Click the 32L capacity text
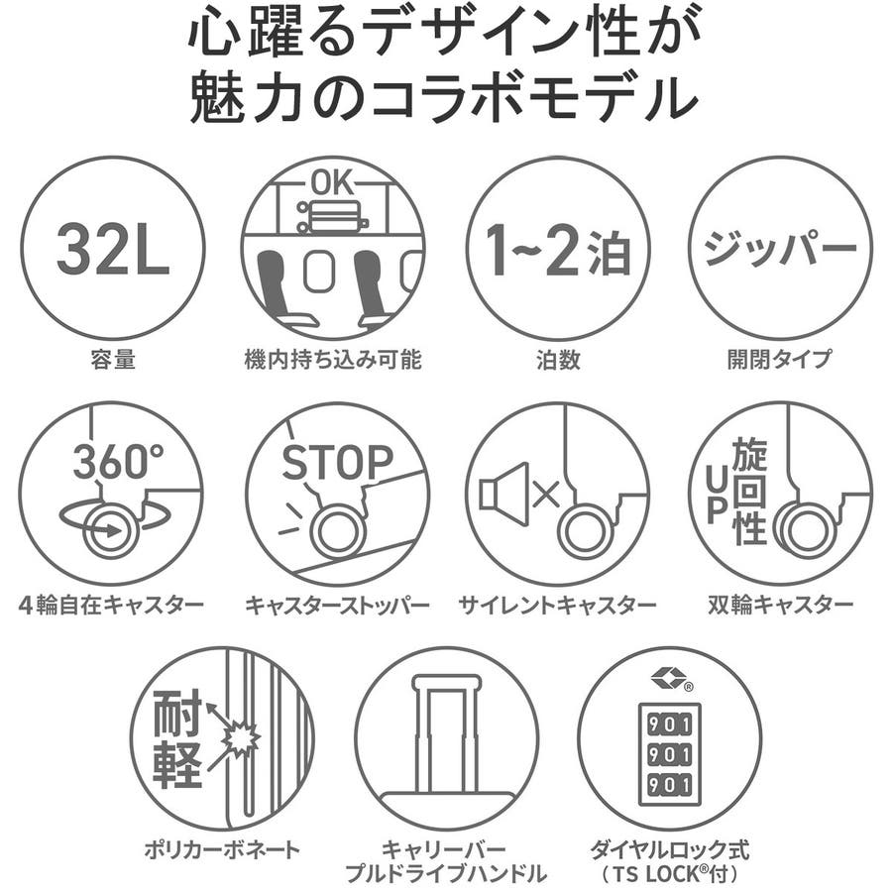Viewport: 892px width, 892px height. coord(113,249)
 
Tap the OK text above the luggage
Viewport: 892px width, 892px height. coord(332,183)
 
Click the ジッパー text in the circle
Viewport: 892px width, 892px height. coord(780,248)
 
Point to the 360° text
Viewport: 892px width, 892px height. coord(118,461)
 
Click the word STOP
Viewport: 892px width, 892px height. coord(337,462)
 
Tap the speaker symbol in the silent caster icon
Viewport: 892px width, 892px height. coord(504,494)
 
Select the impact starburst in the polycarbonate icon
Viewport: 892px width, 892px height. coord(240,739)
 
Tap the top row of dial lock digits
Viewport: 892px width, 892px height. coord(669,725)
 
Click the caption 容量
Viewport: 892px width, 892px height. coord(113,359)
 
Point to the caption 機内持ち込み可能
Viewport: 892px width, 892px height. coord(333,359)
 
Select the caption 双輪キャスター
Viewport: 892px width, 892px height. coord(781,604)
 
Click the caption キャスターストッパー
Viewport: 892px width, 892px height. coord(337,604)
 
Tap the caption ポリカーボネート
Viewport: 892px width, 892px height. coord(222,849)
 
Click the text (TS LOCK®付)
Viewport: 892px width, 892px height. coord(669,872)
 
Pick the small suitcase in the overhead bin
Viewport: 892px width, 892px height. coord(333,216)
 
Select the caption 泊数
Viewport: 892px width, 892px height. coord(558,359)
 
